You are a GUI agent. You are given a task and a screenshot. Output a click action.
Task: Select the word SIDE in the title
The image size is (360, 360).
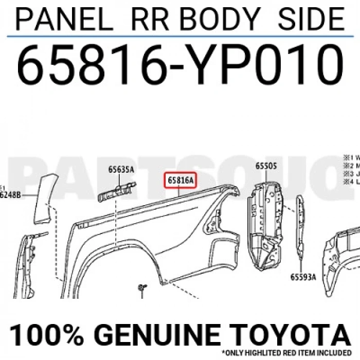pyautogui.click(x=311, y=19)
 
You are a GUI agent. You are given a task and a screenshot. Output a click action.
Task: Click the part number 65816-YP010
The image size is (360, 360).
pyautogui.click(x=179, y=66)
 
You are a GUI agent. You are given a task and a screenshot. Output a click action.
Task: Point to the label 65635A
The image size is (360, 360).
pyautogui.click(x=121, y=169)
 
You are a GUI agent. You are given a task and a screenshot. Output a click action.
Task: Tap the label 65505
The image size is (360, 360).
pyautogui.click(x=266, y=166)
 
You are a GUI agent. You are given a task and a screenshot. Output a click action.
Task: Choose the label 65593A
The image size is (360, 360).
pyautogui.click(x=303, y=276)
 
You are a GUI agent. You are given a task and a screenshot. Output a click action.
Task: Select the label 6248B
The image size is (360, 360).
pyautogui.click(x=10, y=195)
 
